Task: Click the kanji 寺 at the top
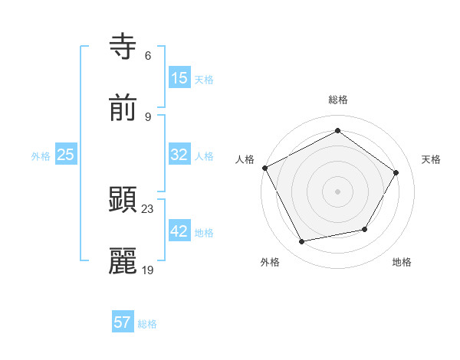pos(123,47)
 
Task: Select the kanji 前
pos(123,108)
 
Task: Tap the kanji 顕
pos(123,200)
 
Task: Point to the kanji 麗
pos(123,261)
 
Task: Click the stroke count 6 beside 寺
pos(148,56)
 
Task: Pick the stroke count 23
pos(148,208)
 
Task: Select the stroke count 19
pos(148,270)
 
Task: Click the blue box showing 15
pos(179,78)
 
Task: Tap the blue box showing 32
pos(179,155)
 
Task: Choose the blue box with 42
pos(179,231)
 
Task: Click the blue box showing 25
pos(66,155)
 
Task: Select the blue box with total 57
pos(123,322)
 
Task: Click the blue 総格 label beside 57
pos(147,324)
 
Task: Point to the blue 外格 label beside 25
pos(41,156)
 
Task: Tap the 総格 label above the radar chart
pos(338,100)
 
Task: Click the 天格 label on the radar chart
pos(431,159)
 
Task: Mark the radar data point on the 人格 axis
pos(264,168)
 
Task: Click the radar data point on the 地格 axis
pos(365,229)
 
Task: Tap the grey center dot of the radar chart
pos(338,191)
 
